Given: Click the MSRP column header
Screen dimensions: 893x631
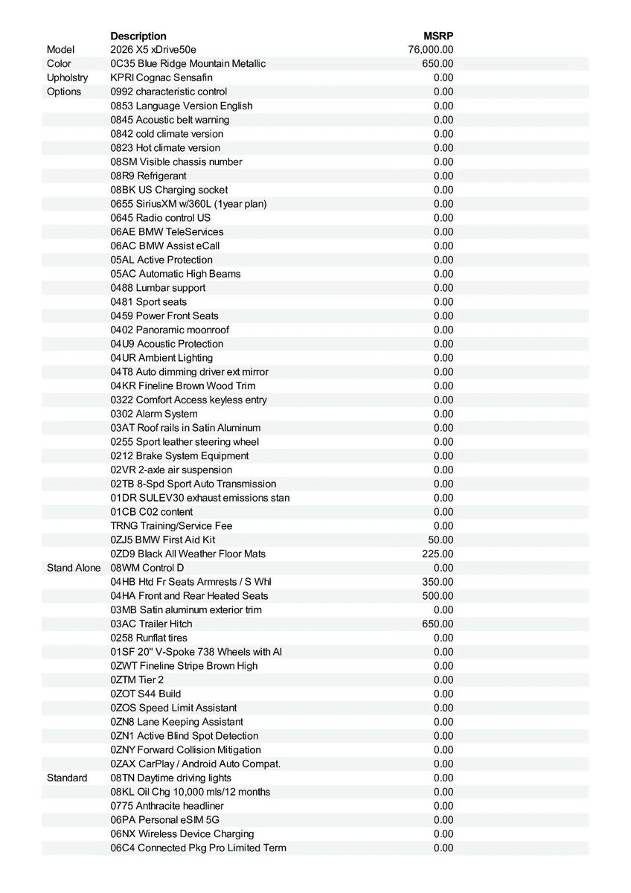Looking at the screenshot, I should pos(438,36).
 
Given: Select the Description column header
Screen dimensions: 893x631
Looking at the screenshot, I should pos(138,36).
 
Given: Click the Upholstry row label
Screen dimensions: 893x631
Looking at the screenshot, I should pos(67,77).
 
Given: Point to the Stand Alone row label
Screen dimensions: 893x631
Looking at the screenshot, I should pos(74,568).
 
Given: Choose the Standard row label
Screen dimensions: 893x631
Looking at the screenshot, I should pos(67,778).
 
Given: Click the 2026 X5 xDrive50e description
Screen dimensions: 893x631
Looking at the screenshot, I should pos(153,50).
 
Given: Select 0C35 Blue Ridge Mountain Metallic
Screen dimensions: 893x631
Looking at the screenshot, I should pos(188,64).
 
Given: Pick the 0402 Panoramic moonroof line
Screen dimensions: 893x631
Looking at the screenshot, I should pos(170,330).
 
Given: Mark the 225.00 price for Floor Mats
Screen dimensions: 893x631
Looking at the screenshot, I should pos(438,554).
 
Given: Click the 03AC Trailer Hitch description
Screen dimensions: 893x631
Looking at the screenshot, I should pos(151,624).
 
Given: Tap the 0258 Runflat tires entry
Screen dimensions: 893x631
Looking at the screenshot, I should pos(149,638).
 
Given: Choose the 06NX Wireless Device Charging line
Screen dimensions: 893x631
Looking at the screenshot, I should pos(182,833).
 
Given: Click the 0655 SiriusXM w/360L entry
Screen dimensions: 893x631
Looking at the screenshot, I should pos(188,204).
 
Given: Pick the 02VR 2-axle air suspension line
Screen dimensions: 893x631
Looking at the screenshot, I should pos(171,470).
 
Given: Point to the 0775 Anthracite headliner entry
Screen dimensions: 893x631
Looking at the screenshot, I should pos(167,806).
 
